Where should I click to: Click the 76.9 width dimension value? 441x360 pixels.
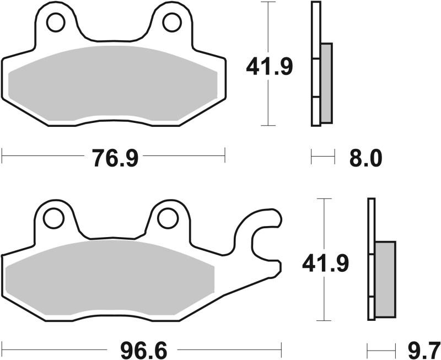click(114, 158)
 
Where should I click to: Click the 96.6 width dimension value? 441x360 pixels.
click(142, 350)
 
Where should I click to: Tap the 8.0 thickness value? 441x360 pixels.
click(365, 159)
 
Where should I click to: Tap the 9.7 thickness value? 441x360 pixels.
click(424, 350)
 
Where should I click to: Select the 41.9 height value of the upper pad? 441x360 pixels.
click(269, 67)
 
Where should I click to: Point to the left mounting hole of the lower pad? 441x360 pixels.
click(54, 218)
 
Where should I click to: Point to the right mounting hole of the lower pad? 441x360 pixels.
click(168, 218)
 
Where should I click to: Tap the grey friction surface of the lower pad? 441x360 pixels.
click(110, 278)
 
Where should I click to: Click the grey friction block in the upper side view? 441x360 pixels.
click(326, 83)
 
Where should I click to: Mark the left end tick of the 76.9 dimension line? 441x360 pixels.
click(2, 155)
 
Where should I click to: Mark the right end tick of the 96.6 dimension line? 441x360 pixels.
click(281, 349)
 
